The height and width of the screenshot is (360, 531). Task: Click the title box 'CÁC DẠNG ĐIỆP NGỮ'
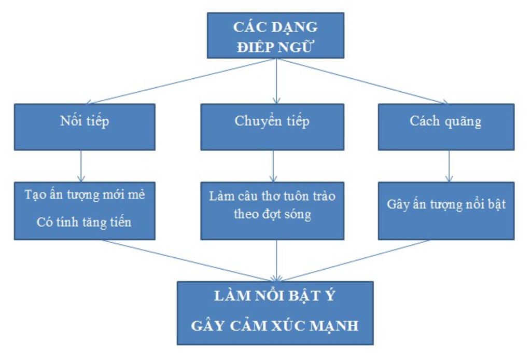tap(275, 35)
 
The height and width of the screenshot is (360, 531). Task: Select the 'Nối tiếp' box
tap(84, 127)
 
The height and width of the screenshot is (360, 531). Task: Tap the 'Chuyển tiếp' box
tap(272, 127)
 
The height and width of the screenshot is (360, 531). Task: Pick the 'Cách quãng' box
tap(446, 127)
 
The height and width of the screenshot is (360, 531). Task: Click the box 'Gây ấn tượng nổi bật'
tap(446, 210)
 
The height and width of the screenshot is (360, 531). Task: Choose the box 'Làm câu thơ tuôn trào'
tap(272, 210)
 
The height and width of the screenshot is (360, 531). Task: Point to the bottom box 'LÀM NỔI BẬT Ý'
tap(275, 313)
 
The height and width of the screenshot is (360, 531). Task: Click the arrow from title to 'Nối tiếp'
tap(181, 81)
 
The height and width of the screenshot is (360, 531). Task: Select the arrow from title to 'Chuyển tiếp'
tap(276, 81)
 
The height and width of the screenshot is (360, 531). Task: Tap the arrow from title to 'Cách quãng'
tap(363, 81)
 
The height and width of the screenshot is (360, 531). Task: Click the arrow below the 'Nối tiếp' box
tap(81, 166)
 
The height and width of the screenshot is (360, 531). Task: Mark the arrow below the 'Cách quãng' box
tap(449, 166)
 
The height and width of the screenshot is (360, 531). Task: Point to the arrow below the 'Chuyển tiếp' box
tap(273, 166)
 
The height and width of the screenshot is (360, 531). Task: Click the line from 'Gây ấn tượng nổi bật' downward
tap(358, 260)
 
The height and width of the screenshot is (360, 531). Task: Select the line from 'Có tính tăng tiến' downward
tap(187, 260)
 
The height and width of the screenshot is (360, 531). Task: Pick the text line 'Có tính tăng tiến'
tap(84, 223)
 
